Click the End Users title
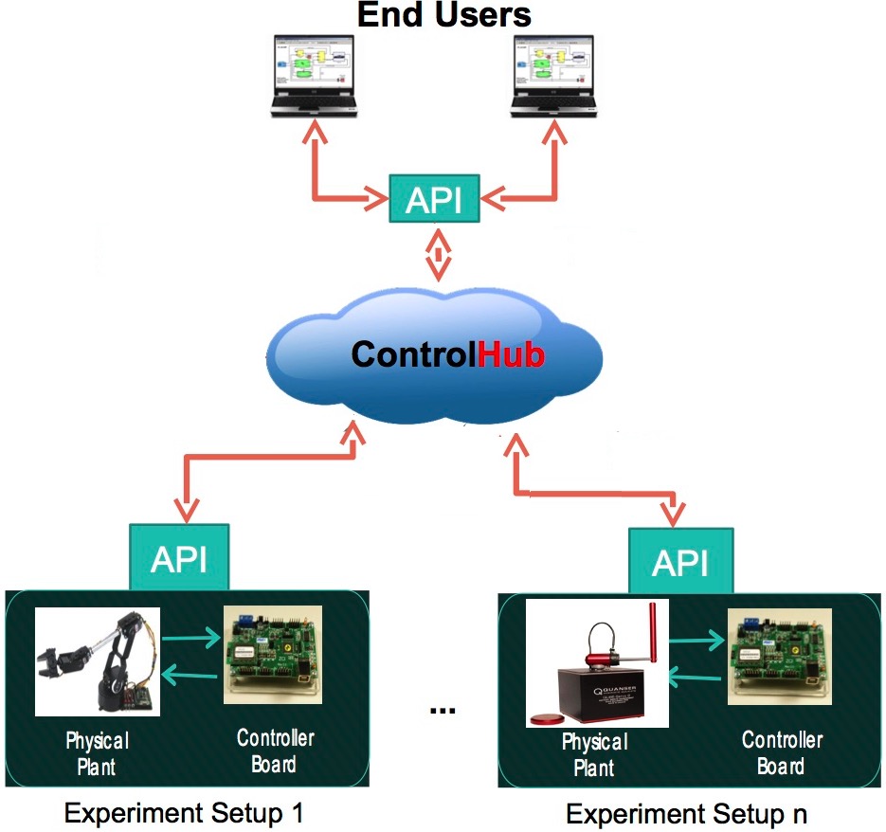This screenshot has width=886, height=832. click(444, 14)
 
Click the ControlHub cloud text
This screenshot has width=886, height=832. click(447, 354)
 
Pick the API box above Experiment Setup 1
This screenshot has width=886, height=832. click(179, 558)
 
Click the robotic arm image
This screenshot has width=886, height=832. click(98, 661)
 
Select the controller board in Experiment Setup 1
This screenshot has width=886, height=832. click(273, 654)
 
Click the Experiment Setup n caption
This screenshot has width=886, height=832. click(687, 814)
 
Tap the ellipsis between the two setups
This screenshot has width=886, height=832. click(442, 708)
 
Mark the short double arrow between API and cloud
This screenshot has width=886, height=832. click(437, 253)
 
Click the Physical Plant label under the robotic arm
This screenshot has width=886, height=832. click(97, 752)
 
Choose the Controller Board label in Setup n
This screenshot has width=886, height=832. click(781, 752)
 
